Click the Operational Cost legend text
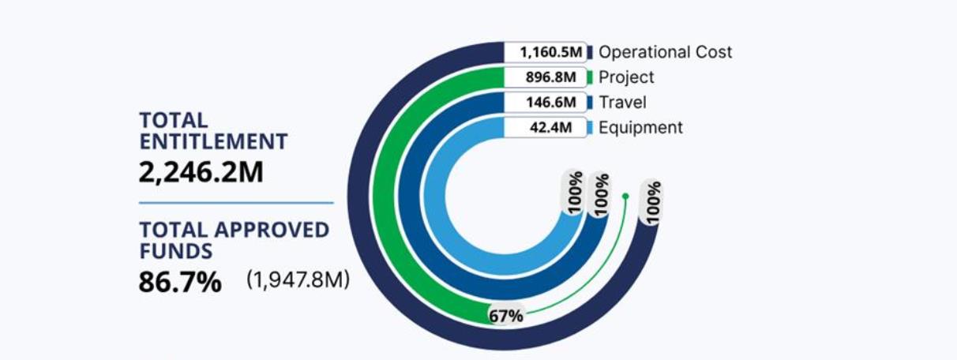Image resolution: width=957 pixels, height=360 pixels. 665,52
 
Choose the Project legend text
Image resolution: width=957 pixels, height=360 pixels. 626,77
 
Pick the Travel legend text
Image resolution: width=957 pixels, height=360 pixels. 622,103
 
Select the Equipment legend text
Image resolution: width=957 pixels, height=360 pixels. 640,128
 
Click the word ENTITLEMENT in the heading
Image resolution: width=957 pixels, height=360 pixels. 213,142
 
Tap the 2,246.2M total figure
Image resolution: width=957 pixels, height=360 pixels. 201,172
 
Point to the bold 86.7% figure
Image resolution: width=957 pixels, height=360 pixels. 180,282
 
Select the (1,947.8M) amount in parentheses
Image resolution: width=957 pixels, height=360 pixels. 297,280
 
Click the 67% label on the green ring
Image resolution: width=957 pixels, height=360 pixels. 505,316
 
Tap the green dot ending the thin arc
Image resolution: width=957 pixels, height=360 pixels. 625,196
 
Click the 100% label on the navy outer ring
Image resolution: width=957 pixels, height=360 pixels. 653,202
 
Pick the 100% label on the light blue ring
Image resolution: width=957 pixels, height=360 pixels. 574,189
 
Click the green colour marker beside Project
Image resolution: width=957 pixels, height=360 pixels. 591,77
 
